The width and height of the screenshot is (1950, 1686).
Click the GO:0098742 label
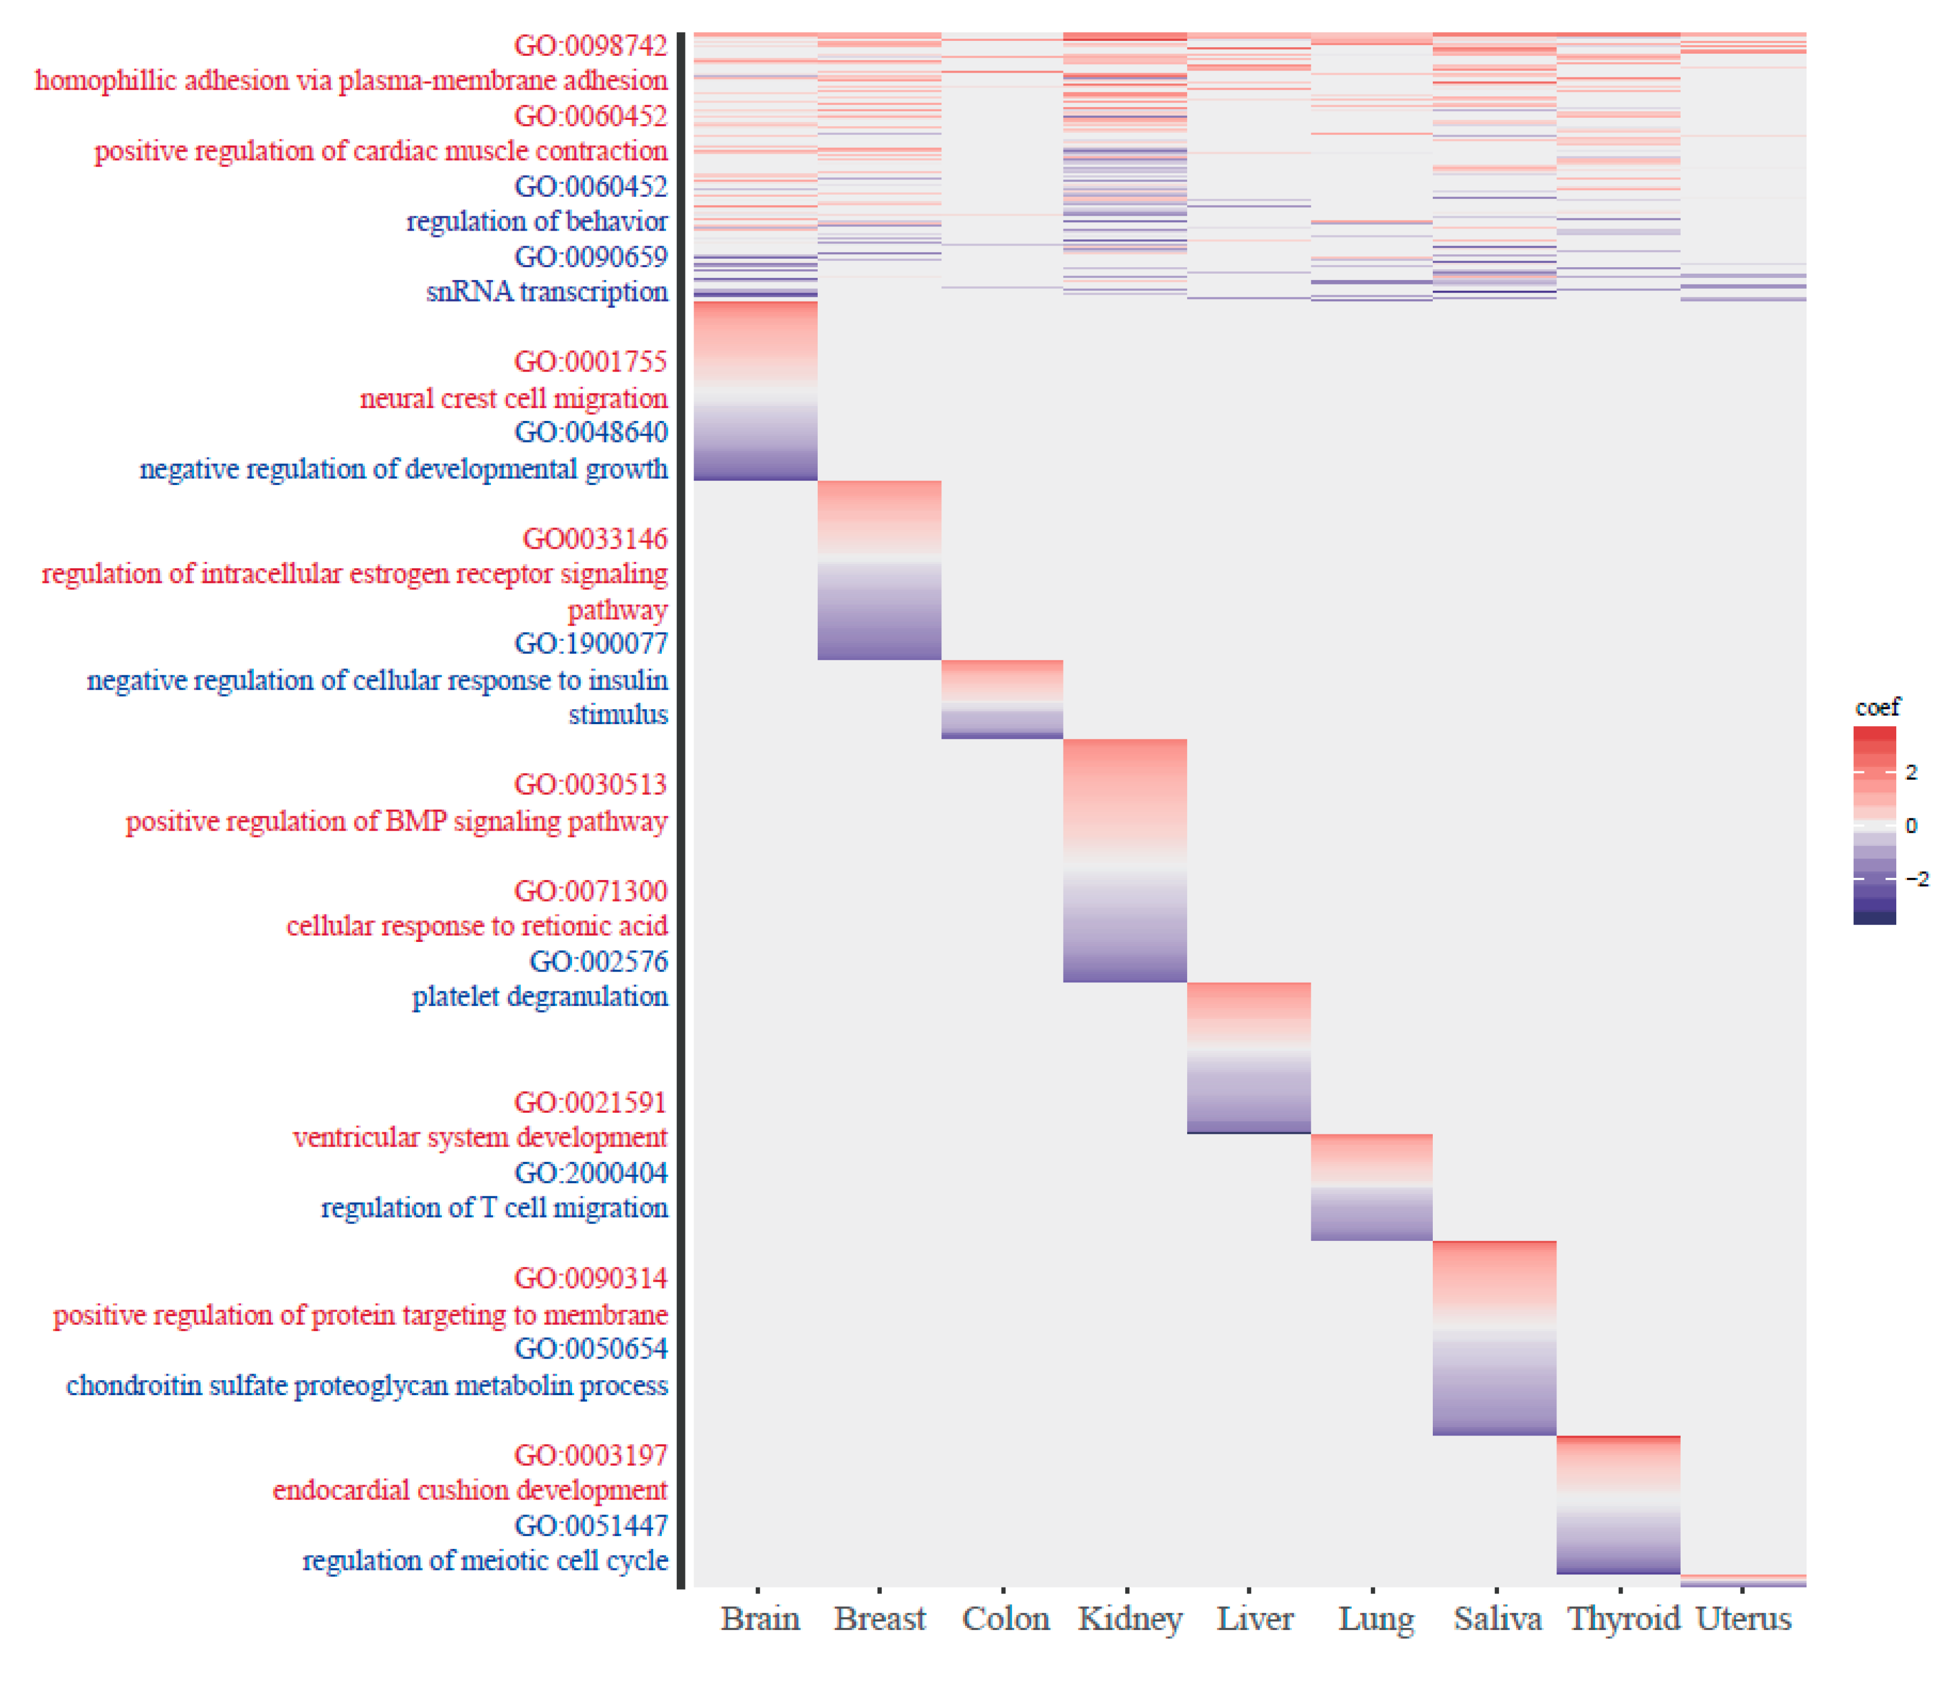[590, 45]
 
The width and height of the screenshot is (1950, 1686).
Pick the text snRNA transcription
[547, 291]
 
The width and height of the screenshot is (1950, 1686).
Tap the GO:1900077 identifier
[590, 644]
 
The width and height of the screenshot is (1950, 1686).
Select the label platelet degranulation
[539, 996]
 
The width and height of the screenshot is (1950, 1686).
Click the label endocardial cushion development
[469, 1490]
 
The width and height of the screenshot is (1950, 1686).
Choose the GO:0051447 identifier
[590, 1525]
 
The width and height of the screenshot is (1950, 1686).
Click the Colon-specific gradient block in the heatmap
[1002, 699]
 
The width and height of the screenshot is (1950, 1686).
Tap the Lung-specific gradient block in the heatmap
[1371, 1187]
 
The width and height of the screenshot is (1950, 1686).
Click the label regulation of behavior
[537, 221]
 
